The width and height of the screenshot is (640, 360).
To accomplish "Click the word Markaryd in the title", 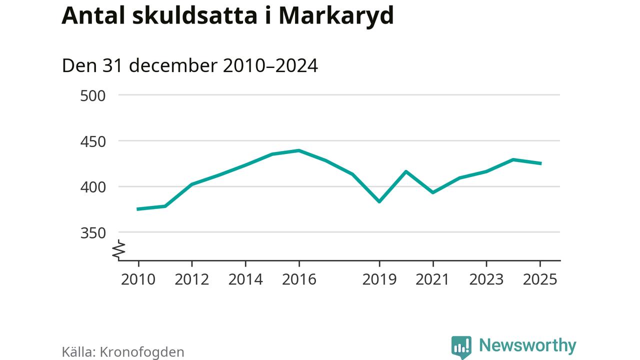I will tap(336, 16).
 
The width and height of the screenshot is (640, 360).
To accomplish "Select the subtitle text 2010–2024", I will tap(270, 66).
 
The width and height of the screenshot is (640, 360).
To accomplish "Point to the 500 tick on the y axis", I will tap(93, 95).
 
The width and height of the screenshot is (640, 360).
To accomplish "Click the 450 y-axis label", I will tap(93, 141).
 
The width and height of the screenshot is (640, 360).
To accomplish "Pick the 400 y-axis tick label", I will tap(93, 187).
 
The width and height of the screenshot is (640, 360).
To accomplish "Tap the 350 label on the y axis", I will tap(93, 233).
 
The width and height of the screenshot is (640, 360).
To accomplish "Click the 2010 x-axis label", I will tap(138, 279).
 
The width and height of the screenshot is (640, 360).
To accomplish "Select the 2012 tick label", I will tap(191, 279).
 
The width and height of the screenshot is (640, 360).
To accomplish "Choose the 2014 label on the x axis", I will tap(245, 279).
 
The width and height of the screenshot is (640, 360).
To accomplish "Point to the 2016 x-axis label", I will tap(299, 279).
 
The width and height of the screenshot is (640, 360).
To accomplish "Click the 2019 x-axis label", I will tap(379, 279).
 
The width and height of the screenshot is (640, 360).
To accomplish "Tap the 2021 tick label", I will tap(433, 279).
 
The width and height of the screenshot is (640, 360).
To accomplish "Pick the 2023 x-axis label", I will tap(486, 279).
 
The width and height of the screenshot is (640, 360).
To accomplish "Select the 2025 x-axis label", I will tap(540, 279).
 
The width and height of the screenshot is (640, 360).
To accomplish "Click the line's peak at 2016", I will tap(299, 150).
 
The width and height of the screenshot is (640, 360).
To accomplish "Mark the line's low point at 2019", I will tap(379, 201).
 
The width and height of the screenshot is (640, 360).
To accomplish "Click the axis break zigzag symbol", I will tap(119, 250).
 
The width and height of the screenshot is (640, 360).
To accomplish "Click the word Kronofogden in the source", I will tap(142, 352).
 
